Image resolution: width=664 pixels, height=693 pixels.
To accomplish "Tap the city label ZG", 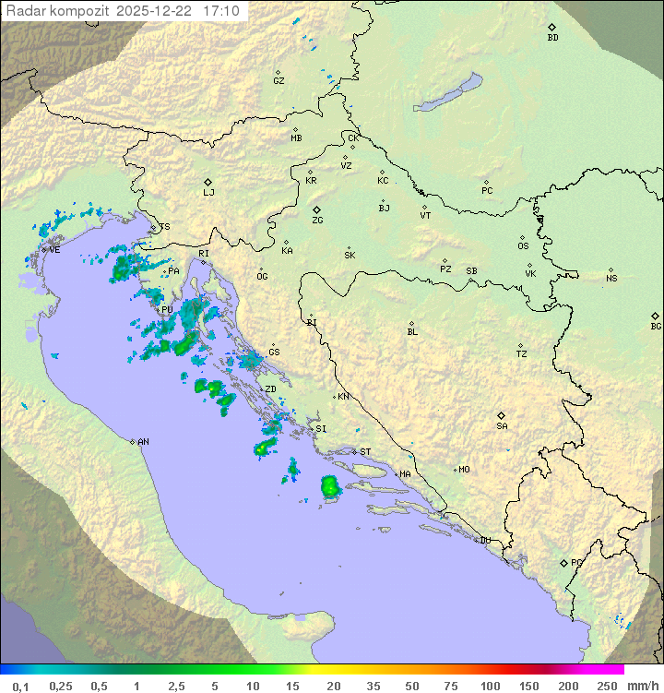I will (317, 221).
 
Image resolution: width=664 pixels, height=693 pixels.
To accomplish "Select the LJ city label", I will (208, 193).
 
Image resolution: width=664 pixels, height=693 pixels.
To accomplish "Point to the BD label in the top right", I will (552, 38).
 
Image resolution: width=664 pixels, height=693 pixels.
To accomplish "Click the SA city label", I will (502, 426).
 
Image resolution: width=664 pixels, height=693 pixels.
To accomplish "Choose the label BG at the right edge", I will (656, 327).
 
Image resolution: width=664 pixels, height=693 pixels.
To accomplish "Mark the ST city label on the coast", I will (365, 452).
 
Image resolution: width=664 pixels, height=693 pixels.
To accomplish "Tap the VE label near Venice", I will (54, 250).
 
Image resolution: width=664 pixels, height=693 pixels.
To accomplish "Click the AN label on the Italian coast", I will (143, 442).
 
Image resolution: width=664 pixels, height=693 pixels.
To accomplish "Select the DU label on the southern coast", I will (485, 541).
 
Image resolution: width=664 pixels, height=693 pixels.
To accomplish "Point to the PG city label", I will (576, 562).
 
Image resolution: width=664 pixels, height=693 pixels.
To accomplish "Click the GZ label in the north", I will (279, 81).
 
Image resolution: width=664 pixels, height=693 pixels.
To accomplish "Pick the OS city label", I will (523, 246).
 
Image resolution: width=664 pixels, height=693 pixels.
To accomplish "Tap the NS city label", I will (611, 279).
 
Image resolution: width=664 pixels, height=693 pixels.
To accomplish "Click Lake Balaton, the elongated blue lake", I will (448, 93).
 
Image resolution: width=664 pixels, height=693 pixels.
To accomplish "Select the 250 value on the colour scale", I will (606, 686).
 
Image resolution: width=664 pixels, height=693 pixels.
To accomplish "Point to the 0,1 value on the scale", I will (20, 686).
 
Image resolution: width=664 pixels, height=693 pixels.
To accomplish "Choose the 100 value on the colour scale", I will (491, 686).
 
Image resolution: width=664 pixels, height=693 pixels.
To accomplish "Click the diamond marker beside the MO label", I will (455, 470).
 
